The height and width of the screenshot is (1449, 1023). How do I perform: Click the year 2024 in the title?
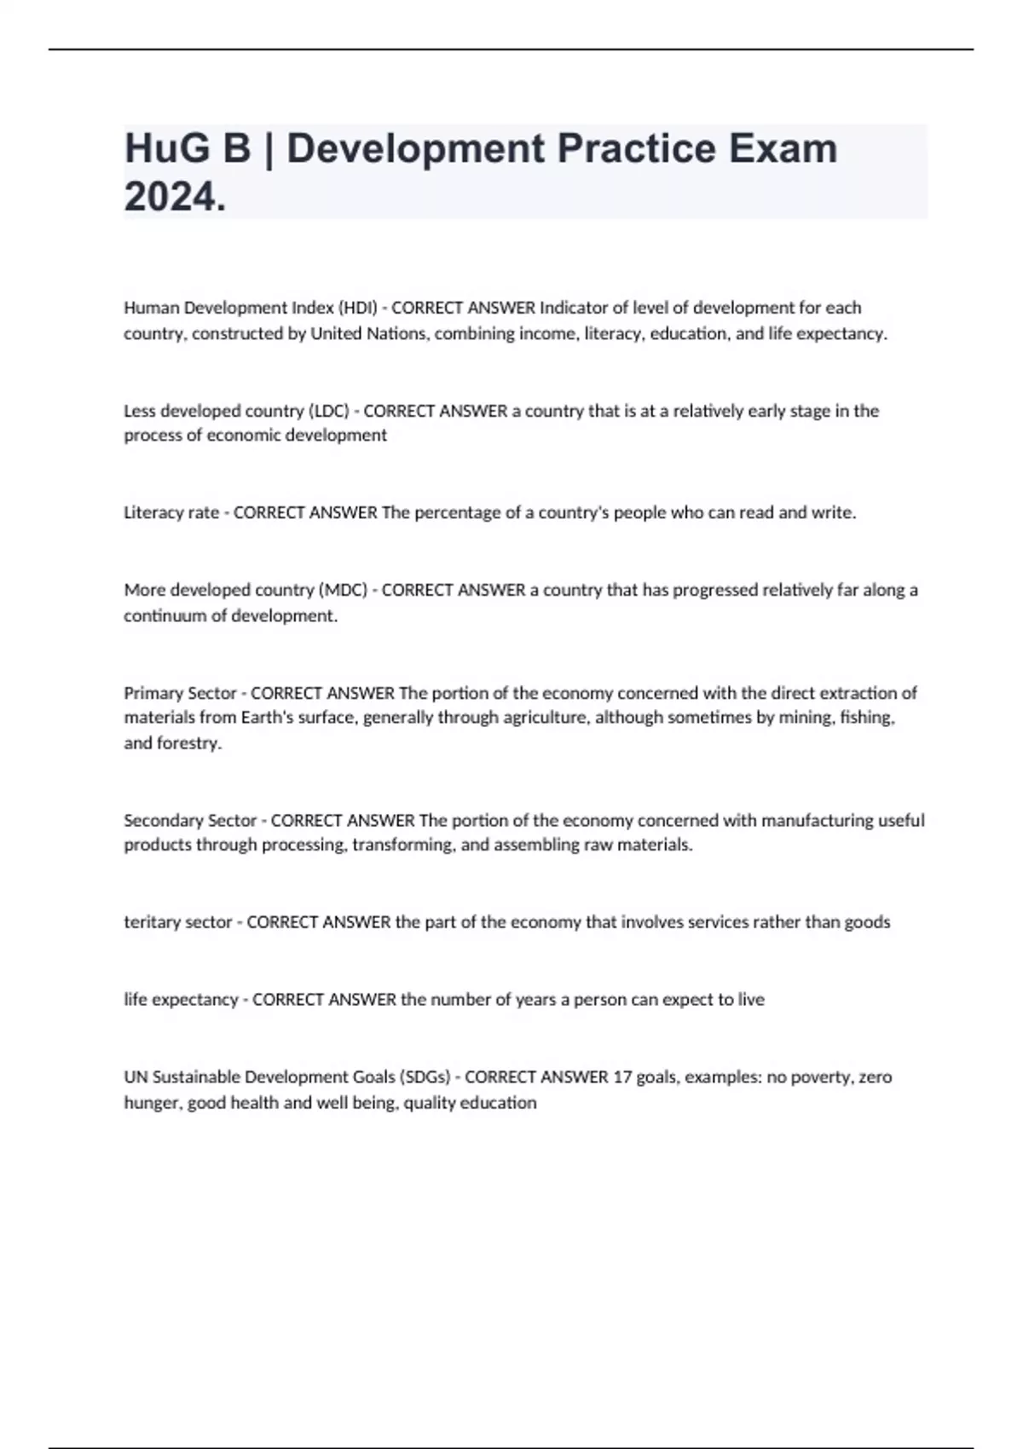pyautogui.click(x=174, y=197)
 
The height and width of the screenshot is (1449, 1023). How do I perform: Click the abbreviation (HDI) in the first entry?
pyautogui.click(x=357, y=308)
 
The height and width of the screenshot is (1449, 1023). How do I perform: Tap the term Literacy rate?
pyautogui.click(x=171, y=512)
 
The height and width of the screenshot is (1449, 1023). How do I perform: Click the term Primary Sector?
pyautogui.click(x=180, y=693)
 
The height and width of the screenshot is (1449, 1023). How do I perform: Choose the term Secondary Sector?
pyautogui.click(x=190, y=820)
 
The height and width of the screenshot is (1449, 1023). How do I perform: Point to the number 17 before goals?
pyautogui.click(x=622, y=1077)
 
